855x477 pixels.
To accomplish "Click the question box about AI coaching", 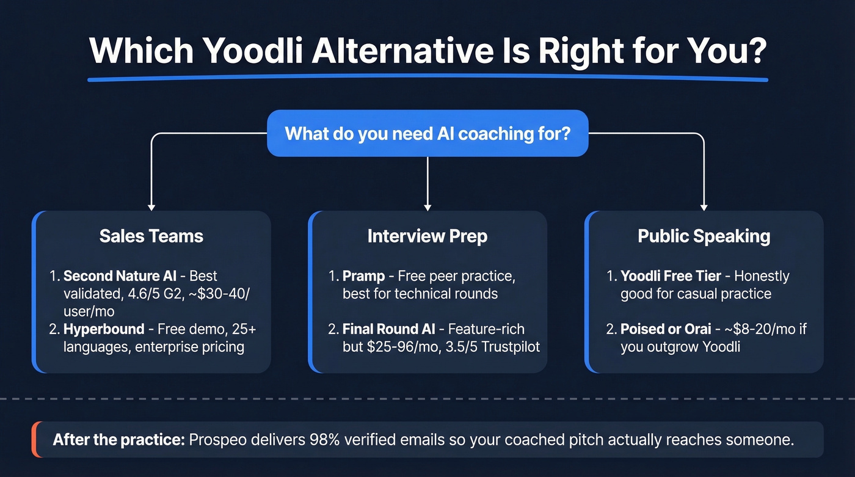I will pyautogui.click(x=428, y=133).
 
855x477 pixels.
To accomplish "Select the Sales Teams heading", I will pyautogui.click(x=151, y=236).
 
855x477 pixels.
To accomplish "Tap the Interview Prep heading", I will pyautogui.click(x=428, y=236).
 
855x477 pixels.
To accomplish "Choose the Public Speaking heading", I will pyautogui.click(x=704, y=236).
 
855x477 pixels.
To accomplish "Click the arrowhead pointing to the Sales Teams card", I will pyautogui.click(x=151, y=207).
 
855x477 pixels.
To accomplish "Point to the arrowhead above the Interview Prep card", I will pyautogui.click(x=428, y=207).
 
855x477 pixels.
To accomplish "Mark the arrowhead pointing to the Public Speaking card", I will pyautogui.click(x=704, y=207).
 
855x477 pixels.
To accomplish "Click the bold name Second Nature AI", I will pyautogui.click(x=120, y=276).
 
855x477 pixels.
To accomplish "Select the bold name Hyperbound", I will pyautogui.click(x=104, y=329).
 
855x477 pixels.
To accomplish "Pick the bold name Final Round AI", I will pyautogui.click(x=388, y=329).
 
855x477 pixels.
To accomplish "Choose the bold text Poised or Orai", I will pyautogui.click(x=666, y=329).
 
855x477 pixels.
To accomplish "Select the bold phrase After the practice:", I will pyautogui.click(x=118, y=440).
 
